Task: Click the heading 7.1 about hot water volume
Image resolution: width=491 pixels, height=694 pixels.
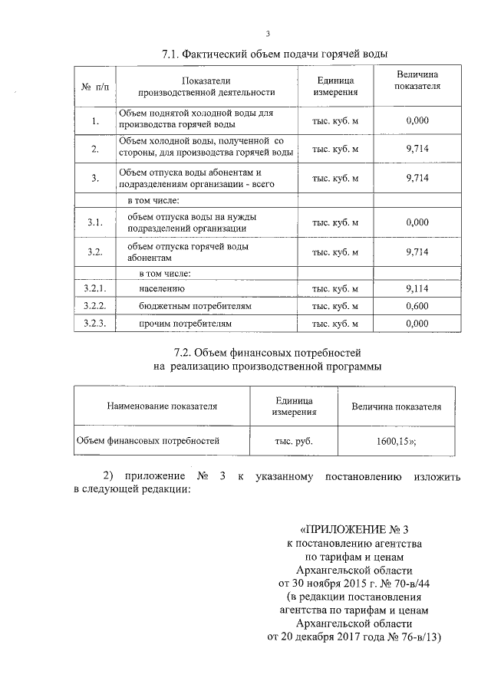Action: (275, 54)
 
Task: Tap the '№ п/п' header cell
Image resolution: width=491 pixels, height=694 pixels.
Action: (95, 87)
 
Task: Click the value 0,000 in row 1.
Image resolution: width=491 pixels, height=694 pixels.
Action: (417, 120)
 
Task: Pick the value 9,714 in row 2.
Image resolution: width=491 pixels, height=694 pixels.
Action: (417, 149)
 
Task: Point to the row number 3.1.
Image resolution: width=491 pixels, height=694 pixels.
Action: (95, 222)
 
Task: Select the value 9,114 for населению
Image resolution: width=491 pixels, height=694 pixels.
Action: (417, 288)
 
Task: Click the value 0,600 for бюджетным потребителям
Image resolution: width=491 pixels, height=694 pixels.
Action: (417, 306)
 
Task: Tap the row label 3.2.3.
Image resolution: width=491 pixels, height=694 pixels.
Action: (95, 324)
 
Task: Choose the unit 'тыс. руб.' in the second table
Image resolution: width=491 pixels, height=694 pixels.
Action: (293, 442)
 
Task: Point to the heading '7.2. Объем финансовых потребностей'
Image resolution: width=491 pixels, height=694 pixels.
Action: (267, 354)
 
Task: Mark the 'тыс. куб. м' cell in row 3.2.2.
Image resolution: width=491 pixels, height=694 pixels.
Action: (335, 306)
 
